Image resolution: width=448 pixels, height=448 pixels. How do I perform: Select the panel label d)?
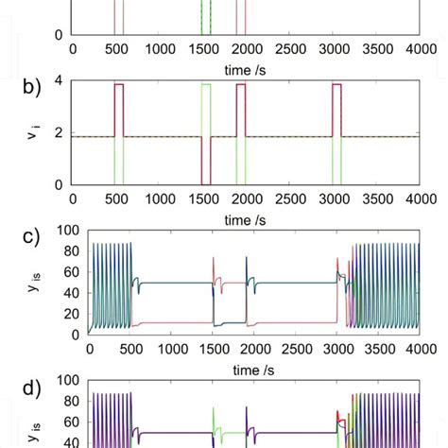point(35,388)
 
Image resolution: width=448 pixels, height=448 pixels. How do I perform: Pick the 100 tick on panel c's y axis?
point(68,230)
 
